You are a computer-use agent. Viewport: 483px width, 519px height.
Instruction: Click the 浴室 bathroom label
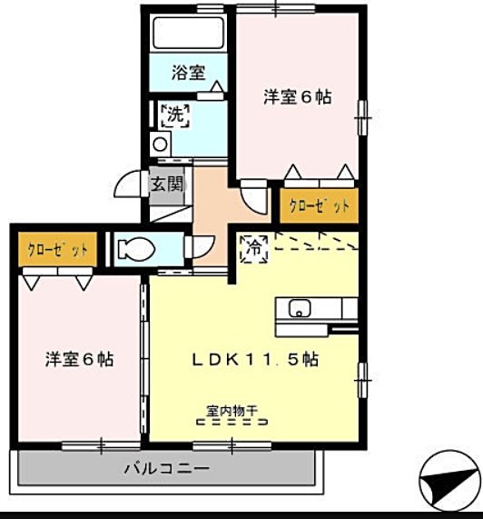tap(188, 73)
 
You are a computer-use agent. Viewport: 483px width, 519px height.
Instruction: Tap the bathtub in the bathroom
tap(189, 33)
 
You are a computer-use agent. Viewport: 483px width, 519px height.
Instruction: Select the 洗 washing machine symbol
tap(175, 115)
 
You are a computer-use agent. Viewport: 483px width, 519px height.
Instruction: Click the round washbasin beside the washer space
tap(160, 145)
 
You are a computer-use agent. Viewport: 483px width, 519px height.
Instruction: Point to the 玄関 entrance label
tap(167, 184)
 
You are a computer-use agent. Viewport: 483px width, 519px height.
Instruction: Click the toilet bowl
tap(136, 249)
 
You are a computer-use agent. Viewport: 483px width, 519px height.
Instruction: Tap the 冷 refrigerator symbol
tap(254, 249)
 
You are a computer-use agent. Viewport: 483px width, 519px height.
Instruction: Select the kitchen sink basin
tap(300, 308)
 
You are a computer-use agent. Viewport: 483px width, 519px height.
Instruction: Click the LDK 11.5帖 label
tap(255, 359)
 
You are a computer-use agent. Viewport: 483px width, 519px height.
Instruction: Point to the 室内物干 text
tap(232, 412)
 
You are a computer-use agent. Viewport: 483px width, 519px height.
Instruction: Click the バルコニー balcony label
tap(167, 468)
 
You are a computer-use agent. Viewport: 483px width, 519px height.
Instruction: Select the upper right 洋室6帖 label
tap(298, 97)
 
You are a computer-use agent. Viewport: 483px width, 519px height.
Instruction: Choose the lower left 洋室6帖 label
tap(79, 359)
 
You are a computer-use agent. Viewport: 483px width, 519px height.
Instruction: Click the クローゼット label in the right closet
tap(319, 206)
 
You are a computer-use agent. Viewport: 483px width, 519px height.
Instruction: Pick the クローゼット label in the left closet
tap(57, 250)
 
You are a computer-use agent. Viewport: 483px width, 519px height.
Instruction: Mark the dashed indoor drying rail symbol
tap(232, 422)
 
